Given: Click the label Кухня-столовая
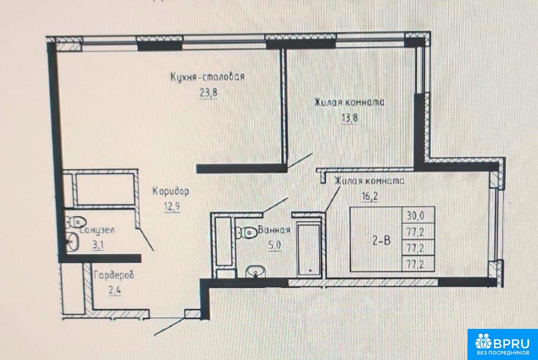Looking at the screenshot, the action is [x=207, y=77].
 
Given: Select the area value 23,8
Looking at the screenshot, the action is [x=209, y=93].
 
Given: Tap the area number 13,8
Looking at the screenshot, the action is [x=349, y=118].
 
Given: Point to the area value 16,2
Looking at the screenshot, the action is [x=369, y=196].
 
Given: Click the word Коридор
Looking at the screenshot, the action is [x=170, y=191].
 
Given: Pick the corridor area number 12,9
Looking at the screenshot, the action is [x=172, y=207].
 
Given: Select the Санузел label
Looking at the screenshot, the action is [x=97, y=230].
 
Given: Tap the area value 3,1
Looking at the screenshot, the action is [x=97, y=245].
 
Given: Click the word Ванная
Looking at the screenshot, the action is [x=274, y=230].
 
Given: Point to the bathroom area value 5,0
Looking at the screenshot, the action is [x=275, y=245].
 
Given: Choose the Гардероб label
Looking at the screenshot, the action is [x=113, y=275].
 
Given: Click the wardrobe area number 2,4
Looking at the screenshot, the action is [x=115, y=291].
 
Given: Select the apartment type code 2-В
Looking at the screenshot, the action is [x=381, y=240].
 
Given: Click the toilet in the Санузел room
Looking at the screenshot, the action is [x=75, y=222].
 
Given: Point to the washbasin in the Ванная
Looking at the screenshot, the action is [x=255, y=271].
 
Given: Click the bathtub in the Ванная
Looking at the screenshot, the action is [x=309, y=250].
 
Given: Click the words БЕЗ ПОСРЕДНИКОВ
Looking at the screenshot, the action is [x=503, y=352].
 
